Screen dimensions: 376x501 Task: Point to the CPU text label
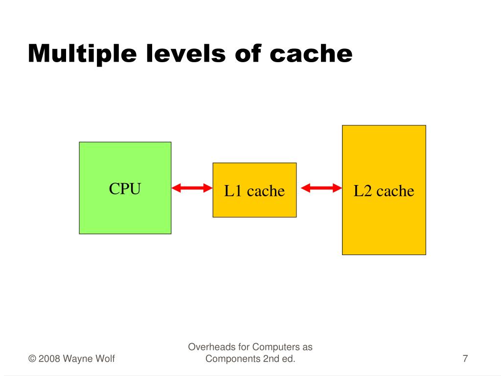click(125, 189)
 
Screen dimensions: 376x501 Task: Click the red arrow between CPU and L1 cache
click(192, 188)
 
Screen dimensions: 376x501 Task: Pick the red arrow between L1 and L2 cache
click(321, 188)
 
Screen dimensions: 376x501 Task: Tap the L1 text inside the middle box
click(233, 191)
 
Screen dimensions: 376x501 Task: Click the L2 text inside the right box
click(363, 191)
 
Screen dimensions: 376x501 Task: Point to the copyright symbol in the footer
click(32, 359)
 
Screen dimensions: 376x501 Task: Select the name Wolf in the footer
click(105, 359)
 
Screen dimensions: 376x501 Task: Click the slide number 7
click(465, 359)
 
